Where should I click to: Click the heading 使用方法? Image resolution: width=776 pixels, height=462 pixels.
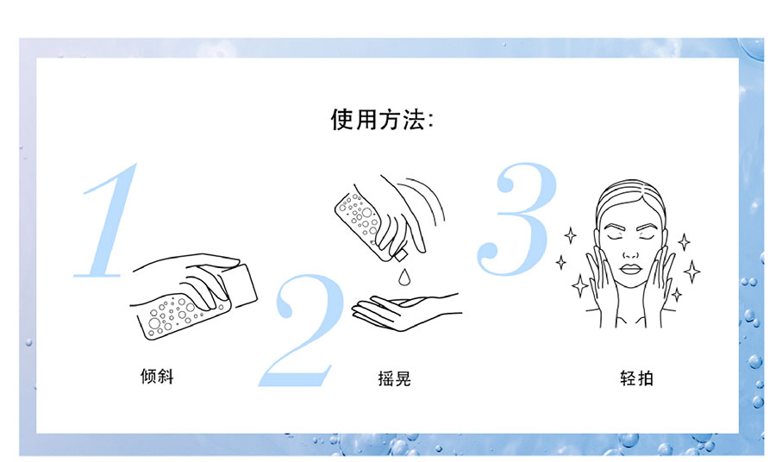coord(382,120)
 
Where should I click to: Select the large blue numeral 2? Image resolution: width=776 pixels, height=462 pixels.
coord(303,330)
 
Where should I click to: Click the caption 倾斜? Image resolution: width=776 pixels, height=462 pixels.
coord(157,377)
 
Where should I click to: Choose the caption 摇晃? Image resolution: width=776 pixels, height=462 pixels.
coord(394,378)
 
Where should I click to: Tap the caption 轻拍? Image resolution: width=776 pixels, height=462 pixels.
coord(637,378)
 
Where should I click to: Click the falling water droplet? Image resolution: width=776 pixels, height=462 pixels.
coord(405,278)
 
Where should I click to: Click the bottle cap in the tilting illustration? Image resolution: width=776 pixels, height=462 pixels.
coord(241,284)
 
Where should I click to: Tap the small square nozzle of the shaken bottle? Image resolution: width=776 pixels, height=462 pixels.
coord(400,255)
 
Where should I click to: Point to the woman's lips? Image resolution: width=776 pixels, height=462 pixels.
coord(631,269)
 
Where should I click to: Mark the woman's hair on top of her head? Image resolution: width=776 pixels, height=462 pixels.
coord(630,196)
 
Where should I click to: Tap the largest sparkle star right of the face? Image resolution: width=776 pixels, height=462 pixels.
coord(692,272)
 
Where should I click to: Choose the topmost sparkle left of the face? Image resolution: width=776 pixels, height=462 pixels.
coord(571,235)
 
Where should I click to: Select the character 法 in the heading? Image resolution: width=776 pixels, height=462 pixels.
coord(414,120)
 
